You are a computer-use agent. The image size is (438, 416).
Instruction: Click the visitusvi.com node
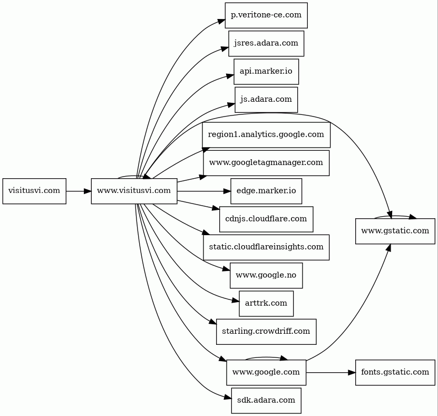click(x=34, y=191)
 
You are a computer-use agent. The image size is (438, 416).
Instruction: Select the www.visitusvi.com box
click(x=134, y=191)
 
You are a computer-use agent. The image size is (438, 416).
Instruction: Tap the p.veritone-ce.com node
click(x=266, y=15)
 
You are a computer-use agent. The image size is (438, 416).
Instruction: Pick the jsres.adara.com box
click(x=266, y=43)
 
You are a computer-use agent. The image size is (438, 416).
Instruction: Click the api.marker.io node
click(x=266, y=71)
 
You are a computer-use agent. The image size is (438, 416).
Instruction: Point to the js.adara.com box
click(x=266, y=99)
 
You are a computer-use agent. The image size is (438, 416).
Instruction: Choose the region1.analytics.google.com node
click(x=266, y=134)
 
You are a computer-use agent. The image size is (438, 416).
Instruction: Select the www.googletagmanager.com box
click(x=266, y=162)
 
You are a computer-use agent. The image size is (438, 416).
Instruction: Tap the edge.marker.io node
click(x=266, y=191)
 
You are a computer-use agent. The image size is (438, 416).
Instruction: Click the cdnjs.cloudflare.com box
click(x=266, y=219)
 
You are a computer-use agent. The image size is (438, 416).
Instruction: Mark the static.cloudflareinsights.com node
click(x=266, y=247)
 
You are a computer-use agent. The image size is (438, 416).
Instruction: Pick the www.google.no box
click(x=266, y=275)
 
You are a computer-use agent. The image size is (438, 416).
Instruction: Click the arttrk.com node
click(x=266, y=303)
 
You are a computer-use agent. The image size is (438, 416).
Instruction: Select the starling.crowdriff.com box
click(x=266, y=332)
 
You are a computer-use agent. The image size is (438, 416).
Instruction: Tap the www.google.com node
click(x=266, y=372)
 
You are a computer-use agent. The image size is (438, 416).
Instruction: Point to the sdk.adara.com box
click(x=266, y=400)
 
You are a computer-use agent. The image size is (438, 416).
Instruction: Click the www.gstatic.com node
click(x=395, y=231)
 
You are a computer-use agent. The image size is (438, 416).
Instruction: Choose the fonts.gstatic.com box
click(x=395, y=372)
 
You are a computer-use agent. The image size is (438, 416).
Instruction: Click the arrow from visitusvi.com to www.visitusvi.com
click(x=78, y=191)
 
